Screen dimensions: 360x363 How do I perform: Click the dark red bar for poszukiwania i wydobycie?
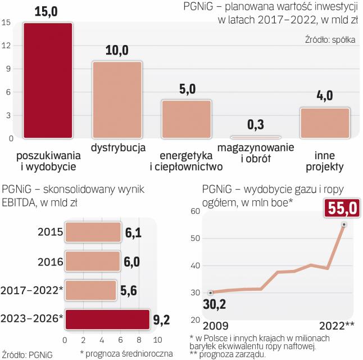point(47,80)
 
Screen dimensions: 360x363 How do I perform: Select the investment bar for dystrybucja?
point(117,99)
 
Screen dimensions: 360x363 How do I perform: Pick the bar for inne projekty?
point(325,122)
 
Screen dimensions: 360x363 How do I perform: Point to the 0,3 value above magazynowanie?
point(255,124)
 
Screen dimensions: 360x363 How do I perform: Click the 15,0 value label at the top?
point(47,11)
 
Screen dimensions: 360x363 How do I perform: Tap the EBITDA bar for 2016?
point(92,261)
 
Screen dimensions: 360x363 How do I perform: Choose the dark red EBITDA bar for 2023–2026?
point(107,319)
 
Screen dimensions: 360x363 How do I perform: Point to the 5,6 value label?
point(130,290)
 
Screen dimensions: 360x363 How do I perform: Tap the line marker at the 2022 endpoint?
point(343,224)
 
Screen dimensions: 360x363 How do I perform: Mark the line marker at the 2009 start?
point(210,292)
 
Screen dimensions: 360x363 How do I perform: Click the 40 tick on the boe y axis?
point(195,265)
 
